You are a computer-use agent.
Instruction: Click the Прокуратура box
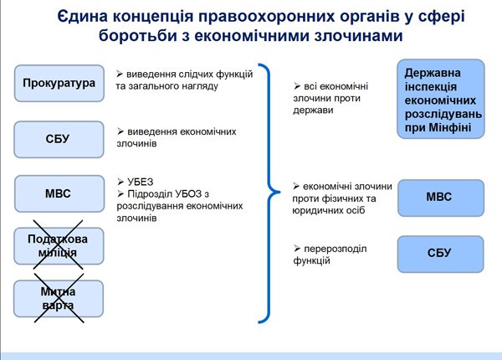coord(59,83)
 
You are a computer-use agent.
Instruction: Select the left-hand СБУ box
coord(59,139)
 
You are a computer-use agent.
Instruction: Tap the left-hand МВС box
coord(59,193)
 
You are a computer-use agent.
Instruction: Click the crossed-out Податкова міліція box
coord(59,246)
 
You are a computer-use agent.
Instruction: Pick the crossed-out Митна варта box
coord(59,299)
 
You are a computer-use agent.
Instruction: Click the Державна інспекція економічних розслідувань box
coord(441,99)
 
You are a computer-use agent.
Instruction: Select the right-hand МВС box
coord(441,198)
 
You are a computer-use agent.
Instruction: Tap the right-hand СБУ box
coord(441,255)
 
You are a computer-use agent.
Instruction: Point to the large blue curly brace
coord(269,193)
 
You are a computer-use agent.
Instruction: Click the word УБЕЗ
coord(141,182)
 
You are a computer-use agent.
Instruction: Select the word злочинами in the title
coord(358,35)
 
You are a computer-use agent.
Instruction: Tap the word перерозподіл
coord(336,249)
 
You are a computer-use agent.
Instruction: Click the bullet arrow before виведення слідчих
coord(120,74)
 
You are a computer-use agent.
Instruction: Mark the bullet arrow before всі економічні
coord(297,86)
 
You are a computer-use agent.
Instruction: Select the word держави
coord(313,111)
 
